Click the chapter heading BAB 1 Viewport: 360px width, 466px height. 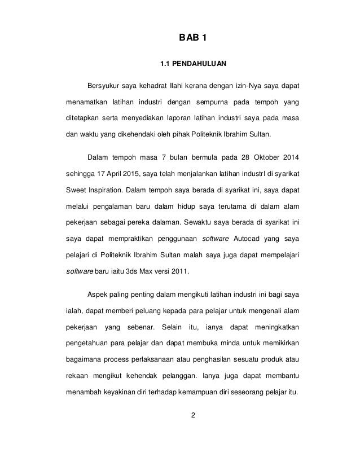click(193, 38)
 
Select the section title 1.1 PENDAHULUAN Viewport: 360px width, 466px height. click(193, 64)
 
